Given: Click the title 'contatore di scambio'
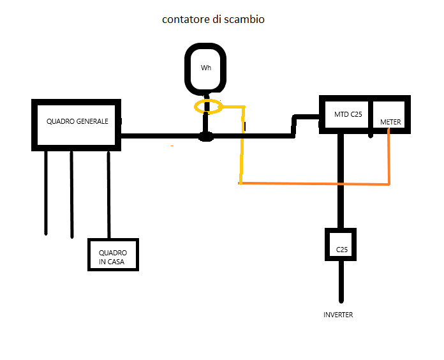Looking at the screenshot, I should coord(213,20).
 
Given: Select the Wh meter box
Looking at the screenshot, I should coord(206,68).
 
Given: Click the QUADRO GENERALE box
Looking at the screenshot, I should coord(77,124).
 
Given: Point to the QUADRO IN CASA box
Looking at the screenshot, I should coord(113,255).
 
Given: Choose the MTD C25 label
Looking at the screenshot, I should coord(348,115).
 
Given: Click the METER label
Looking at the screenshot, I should coord(390,121).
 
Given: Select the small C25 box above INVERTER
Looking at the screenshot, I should coord(340,244).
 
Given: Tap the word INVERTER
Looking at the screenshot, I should coord(338,315).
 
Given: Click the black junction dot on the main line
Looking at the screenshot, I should coord(205,135).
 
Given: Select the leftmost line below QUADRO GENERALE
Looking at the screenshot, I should coord(46,191).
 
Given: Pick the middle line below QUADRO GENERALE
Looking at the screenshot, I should coord(71,191).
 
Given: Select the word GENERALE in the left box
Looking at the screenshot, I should coord(93,121).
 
